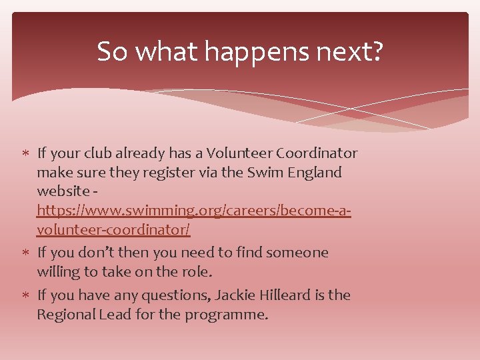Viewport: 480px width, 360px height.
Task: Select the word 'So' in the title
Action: [111, 52]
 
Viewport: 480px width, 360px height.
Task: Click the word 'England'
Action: [311, 173]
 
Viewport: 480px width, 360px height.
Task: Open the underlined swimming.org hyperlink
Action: [194, 211]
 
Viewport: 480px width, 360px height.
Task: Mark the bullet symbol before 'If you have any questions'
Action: [26, 295]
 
